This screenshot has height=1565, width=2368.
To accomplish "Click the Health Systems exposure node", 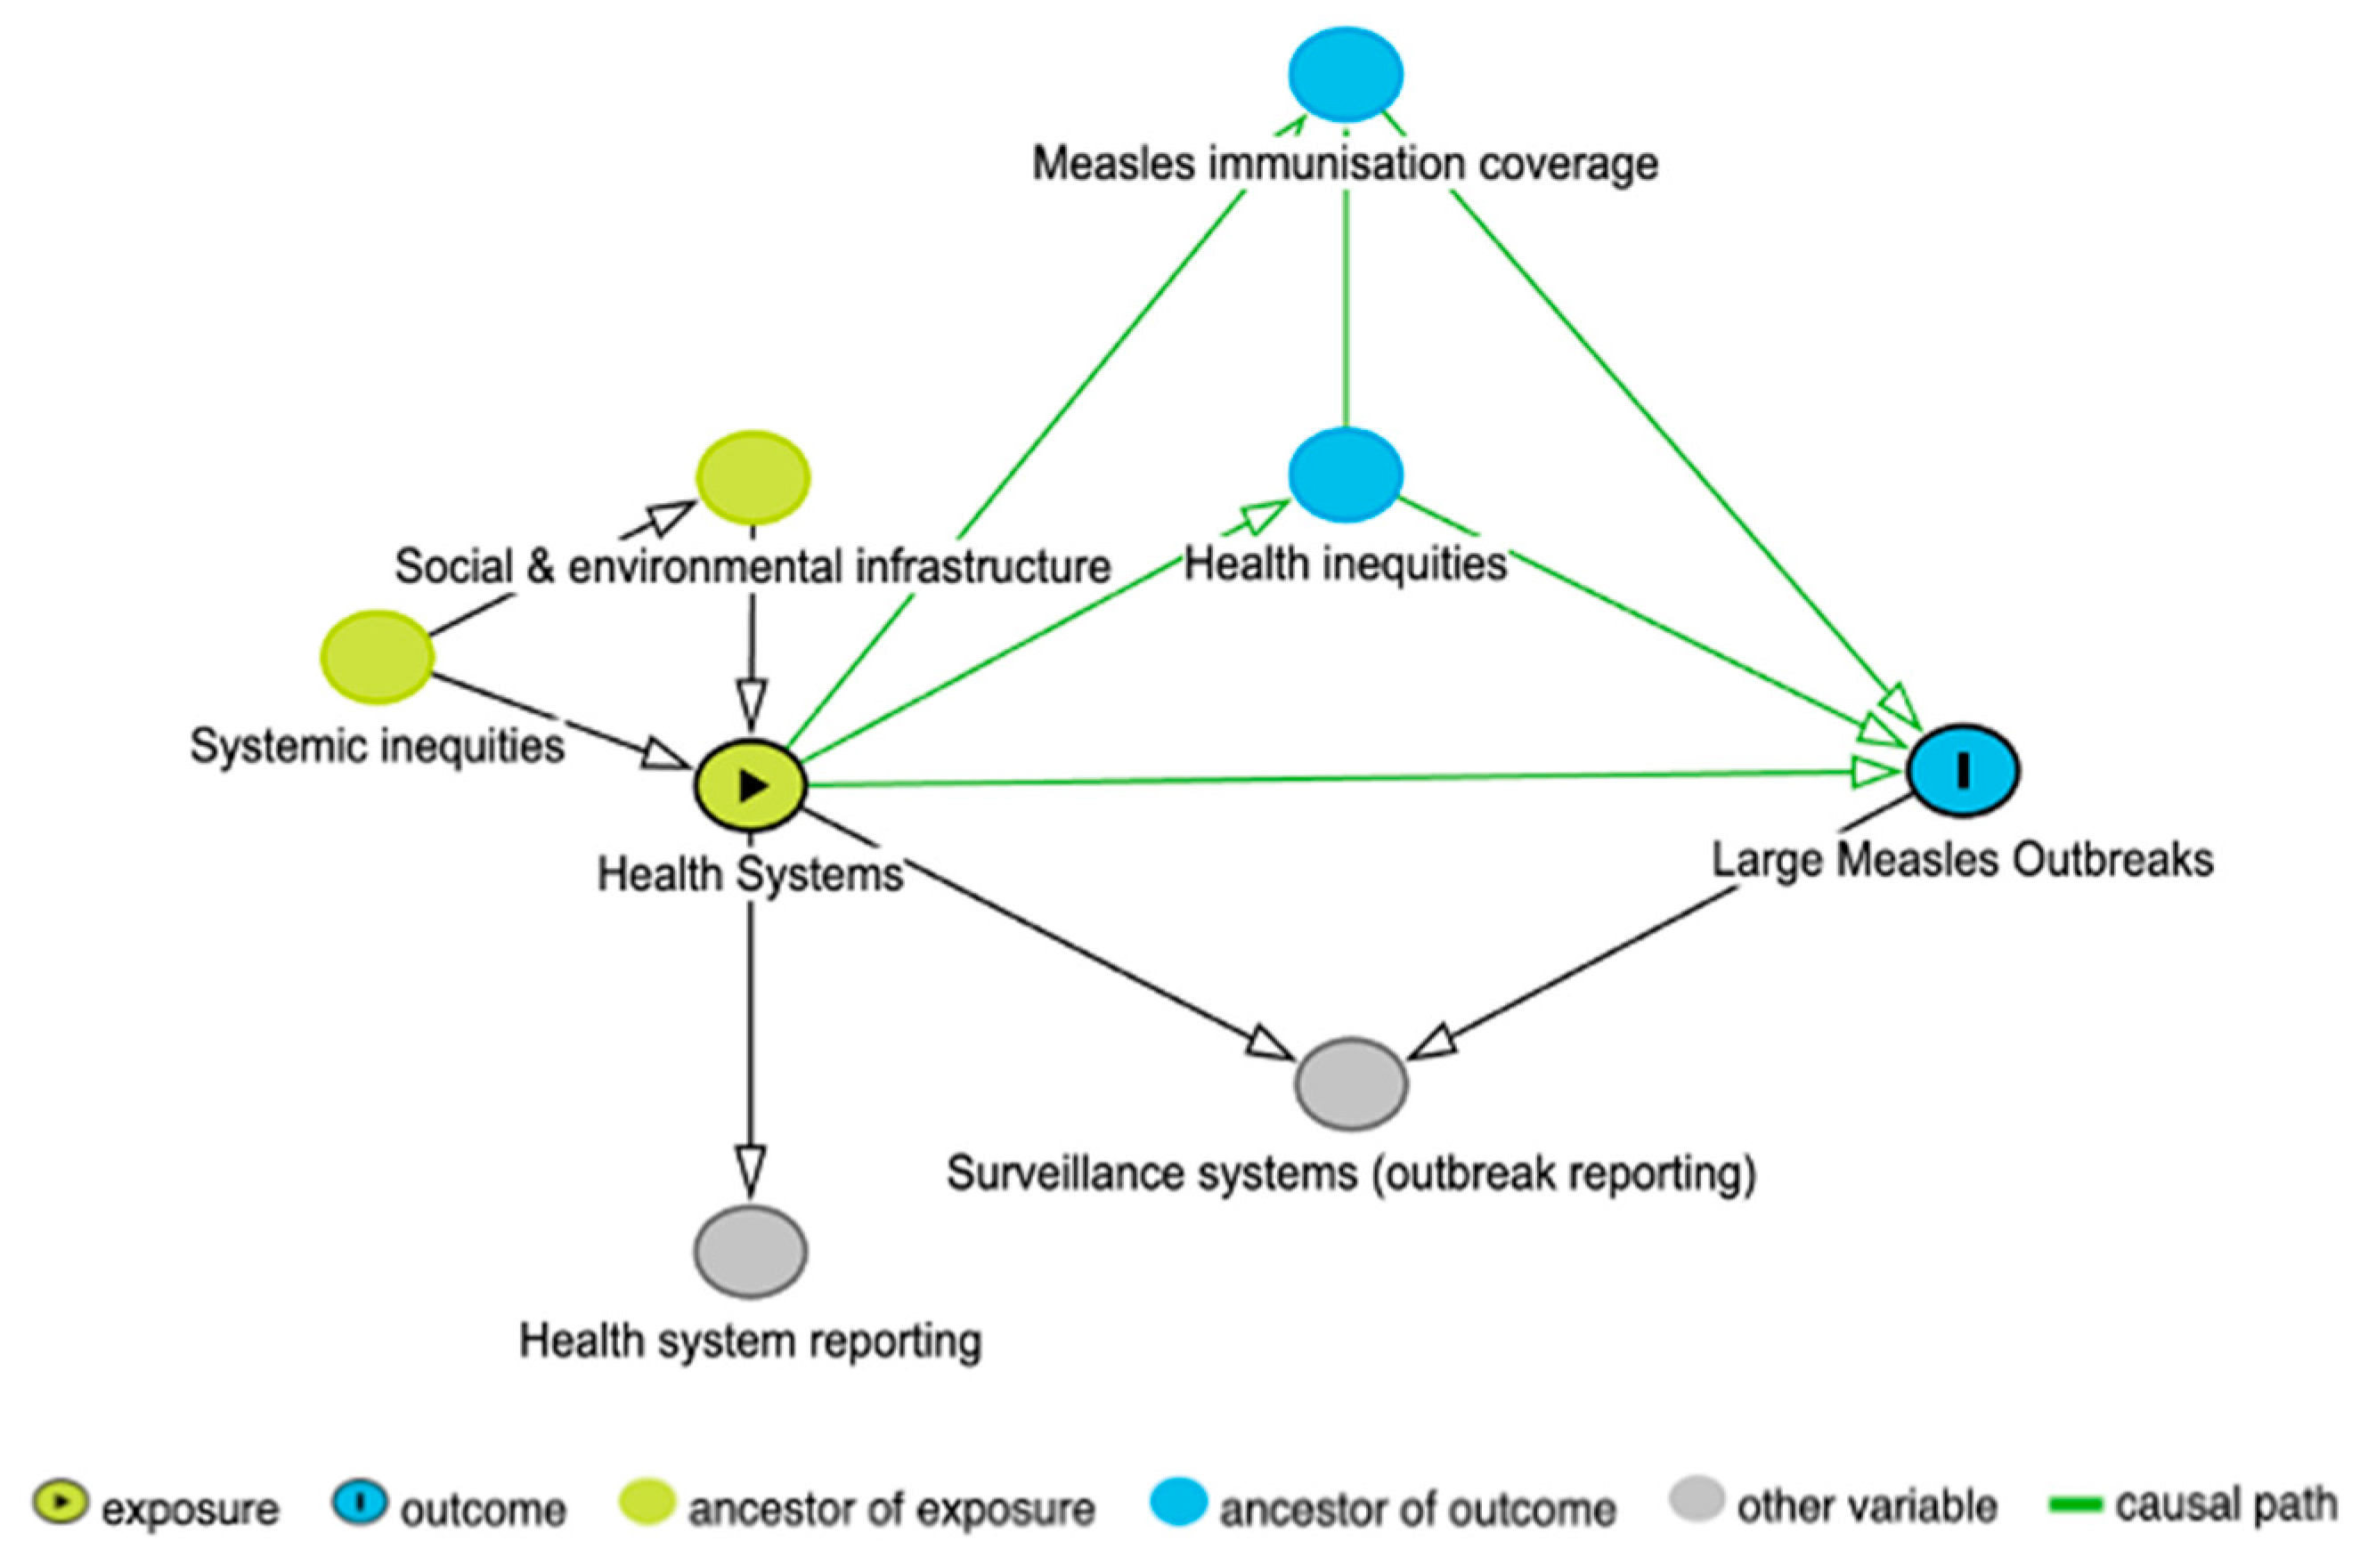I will coord(751,785).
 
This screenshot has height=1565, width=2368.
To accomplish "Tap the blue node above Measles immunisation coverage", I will coord(1346,75).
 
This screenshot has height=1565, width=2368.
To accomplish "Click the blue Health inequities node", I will coord(1346,475).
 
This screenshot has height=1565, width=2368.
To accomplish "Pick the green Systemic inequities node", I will coord(378,657).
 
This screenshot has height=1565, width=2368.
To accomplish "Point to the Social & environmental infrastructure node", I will coord(753,477).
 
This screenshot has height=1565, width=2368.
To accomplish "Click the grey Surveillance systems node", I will coord(1351,1084).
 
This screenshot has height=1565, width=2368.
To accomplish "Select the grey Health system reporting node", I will coord(751,1252).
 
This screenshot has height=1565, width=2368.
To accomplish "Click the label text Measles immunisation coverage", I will coord(1345,164).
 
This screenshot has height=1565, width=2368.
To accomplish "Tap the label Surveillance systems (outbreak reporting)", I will coord(1351,1173).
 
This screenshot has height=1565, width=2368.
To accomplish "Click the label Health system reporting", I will coord(751,1342).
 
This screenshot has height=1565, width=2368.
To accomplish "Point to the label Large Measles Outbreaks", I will coord(1963,860).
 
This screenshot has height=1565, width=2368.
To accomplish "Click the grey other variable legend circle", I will coord(1697,1501).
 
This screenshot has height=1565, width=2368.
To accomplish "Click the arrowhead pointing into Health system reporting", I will coord(751,1168).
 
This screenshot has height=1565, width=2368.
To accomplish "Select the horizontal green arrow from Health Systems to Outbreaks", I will coord(1298,779).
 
